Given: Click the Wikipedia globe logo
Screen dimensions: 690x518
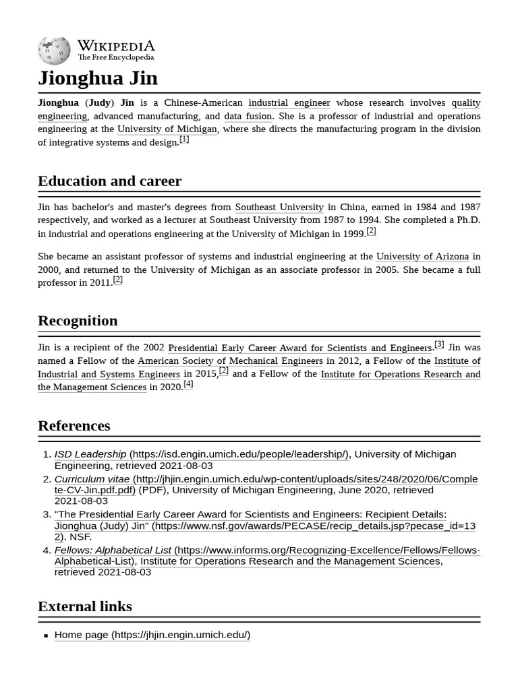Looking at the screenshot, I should [x=54, y=51].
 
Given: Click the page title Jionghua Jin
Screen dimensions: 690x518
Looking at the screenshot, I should [x=98, y=78].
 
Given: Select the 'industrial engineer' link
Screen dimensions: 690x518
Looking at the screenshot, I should [x=289, y=103].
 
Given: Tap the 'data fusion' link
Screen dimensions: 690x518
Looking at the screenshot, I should [x=248, y=116].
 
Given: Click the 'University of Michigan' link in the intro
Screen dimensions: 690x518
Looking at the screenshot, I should [x=167, y=129].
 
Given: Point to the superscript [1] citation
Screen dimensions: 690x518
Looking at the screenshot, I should [x=184, y=139].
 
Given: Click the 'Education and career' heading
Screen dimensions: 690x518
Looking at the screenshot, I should [x=109, y=181].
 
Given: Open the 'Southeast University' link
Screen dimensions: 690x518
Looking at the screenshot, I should [x=279, y=207].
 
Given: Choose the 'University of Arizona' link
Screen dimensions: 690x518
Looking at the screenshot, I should [x=422, y=257].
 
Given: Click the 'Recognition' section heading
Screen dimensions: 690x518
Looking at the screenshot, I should [x=78, y=320].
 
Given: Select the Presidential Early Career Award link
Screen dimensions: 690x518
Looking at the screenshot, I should [x=299, y=348].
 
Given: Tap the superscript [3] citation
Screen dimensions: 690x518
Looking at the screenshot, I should [x=439, y=344].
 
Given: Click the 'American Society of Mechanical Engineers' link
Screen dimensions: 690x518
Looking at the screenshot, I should [x=230, y=361].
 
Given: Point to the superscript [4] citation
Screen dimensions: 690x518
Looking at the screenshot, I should [x=188, y=384].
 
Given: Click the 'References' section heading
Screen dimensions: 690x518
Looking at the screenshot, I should [x=74, y=426].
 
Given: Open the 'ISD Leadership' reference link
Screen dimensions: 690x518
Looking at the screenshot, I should [x=90, y=454].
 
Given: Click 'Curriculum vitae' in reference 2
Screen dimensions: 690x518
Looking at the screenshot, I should [x=92, y=479].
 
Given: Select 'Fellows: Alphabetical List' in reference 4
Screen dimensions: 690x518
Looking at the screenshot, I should [x=113, y=551].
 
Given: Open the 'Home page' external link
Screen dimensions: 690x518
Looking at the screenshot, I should [x=152, y=635].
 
